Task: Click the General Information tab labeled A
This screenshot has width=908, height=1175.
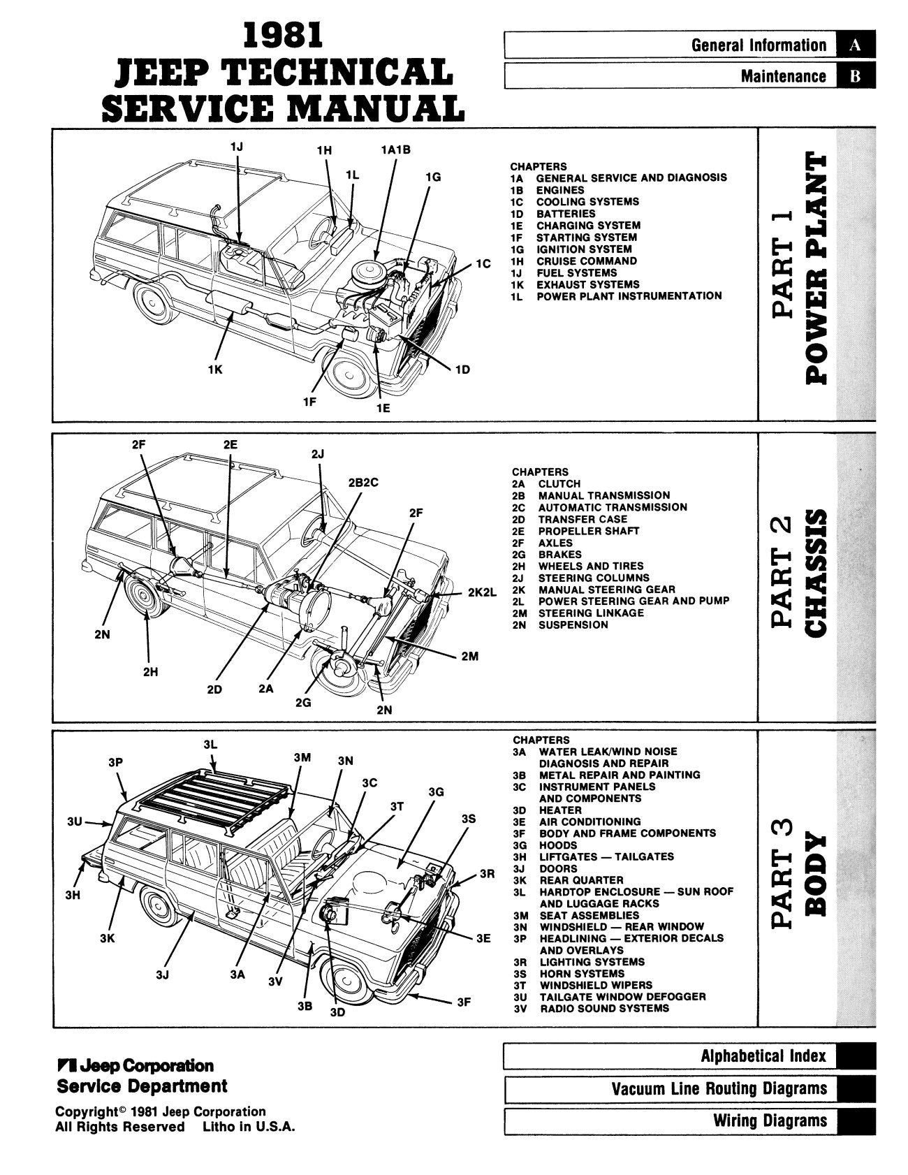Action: tap(689, 45)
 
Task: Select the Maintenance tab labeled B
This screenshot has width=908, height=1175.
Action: tap(689, 76)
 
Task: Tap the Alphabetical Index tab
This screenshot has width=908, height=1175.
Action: tap(689, 1056)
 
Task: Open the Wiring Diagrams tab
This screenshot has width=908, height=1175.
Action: tap(689, 1121)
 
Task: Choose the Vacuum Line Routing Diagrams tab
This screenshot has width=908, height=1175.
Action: tap(689, 1088)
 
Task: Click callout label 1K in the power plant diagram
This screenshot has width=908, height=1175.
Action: tap(215, 370)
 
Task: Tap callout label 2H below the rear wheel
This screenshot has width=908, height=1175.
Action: tap(150, 672)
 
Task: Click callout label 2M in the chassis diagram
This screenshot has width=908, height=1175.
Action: tap(469, 657)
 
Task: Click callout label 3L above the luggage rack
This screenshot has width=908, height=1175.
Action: tap(210, 745)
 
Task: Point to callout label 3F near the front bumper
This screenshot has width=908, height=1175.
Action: tap(464, 1002)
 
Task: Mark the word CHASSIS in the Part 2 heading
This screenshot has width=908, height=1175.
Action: tap(818, 573)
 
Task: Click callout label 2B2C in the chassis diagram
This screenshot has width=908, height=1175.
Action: tap(363, 483)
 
